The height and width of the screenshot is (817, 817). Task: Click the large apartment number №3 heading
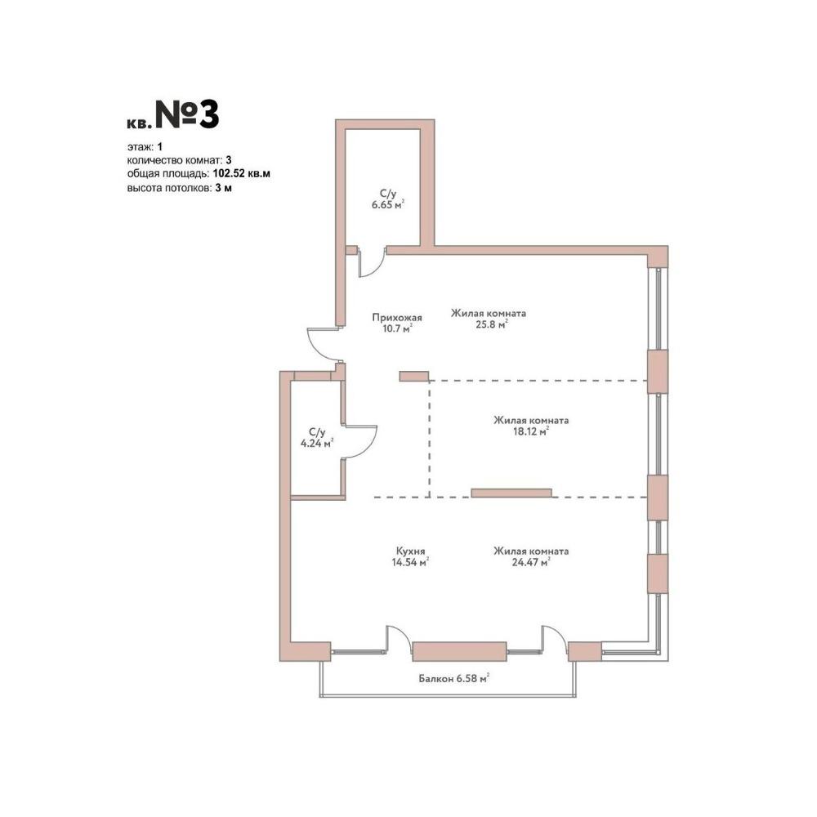(x=187, y=115)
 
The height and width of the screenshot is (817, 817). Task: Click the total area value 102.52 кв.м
(x=242, y=173)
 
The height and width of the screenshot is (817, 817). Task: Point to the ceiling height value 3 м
(x=224, y=188)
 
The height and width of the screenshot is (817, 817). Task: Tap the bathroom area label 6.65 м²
(x=387, y=205)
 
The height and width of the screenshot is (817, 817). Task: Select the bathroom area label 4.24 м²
(x=317, y=444)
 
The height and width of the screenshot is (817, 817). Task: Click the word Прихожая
(x=397, y=317)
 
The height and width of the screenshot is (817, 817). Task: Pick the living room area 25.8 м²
(x=491, y=324)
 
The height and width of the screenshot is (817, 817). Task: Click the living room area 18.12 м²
(x=531, y=431)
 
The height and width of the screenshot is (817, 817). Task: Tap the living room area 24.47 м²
(x=531, y=562)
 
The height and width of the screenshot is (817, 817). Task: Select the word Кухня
(x=411, y=551)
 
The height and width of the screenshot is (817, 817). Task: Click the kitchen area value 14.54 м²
(x=410, y=562)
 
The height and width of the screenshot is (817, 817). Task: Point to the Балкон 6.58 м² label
(x=453, y=678)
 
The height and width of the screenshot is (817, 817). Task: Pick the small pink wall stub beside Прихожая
(x=414, y=376)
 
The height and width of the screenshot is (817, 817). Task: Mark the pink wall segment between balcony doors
(x=459, y=652)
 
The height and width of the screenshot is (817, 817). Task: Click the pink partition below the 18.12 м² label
(x=511, y=493)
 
